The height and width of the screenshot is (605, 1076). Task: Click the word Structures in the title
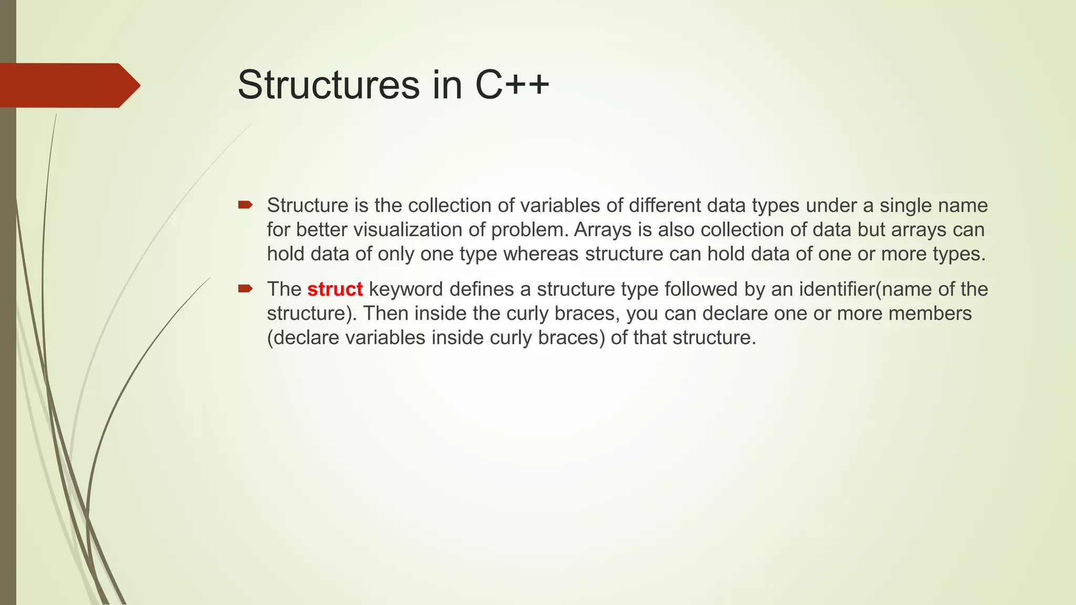tap(328, 85)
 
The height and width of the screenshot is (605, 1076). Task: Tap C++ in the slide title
tap(512, 85)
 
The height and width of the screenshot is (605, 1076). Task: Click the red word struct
tap(335, 289)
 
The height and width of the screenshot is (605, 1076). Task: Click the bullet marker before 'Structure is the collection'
tap(245, 205)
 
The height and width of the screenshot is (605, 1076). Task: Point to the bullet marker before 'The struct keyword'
tap(245, 288)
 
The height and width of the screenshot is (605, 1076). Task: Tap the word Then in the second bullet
tap(385, 314)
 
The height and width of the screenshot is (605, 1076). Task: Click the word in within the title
tap(447, 85)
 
